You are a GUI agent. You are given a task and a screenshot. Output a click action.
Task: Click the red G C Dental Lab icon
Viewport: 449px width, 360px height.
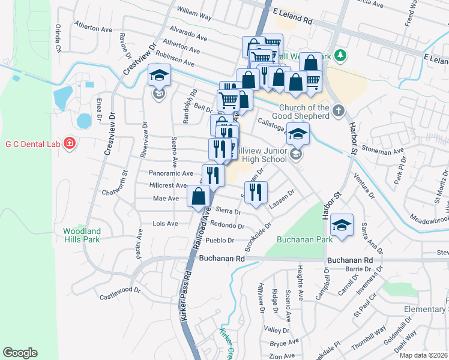pos(70,143)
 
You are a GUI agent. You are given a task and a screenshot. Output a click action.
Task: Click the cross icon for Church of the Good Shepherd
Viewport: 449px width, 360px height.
pos(338,110)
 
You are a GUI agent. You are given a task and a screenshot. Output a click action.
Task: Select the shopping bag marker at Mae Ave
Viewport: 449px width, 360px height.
pos(198,196)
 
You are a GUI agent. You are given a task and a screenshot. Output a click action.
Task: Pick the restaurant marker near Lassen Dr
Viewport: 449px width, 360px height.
pos(255,193)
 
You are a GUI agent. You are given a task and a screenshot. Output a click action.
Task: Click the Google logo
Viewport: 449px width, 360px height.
pos(20,353)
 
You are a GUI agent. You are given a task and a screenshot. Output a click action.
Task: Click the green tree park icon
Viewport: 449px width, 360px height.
pos(340,56)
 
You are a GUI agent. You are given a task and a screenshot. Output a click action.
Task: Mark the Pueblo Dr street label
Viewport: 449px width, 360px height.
pos(219,240)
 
